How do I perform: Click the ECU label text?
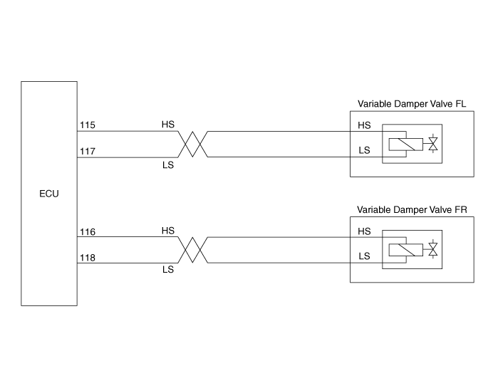(49, 193)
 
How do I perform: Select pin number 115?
(87, 125)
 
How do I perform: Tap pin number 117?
(87, 151)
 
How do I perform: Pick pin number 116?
(87, 232)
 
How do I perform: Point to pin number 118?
(87, 258)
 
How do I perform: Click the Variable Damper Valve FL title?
(412, 104)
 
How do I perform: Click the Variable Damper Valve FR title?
(412, 211)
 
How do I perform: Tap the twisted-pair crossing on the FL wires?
(192, 145)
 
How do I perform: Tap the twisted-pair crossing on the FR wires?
(192, 251)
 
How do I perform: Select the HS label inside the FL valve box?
(364, 125)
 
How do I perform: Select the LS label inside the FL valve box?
(364, 150)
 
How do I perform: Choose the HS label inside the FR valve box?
(364, 231)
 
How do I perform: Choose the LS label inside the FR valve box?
(364, 256)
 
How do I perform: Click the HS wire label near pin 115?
(168, 125)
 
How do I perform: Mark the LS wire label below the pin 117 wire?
(168, 164)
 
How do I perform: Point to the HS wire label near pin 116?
(168, 231)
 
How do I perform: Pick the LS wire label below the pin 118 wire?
(168, 270)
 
